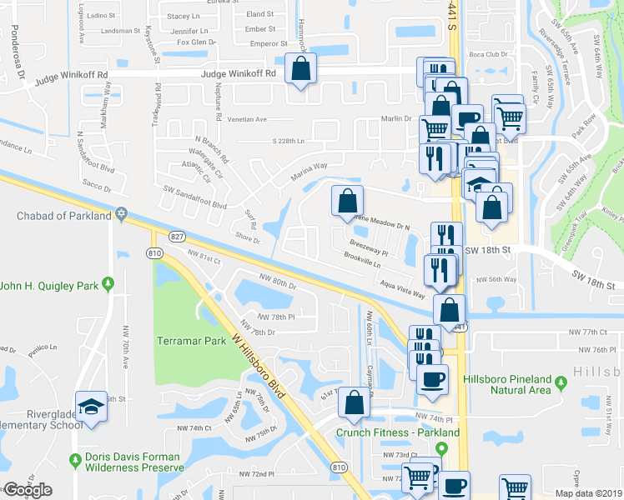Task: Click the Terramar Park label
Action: pos(192,341)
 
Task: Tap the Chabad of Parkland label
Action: pos(63,216)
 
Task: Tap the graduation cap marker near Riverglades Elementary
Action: pos(91,407)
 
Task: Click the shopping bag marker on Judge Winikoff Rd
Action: pos(300,68)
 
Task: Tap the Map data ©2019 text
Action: pos(589,493)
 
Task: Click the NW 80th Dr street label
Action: pos(278,282)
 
